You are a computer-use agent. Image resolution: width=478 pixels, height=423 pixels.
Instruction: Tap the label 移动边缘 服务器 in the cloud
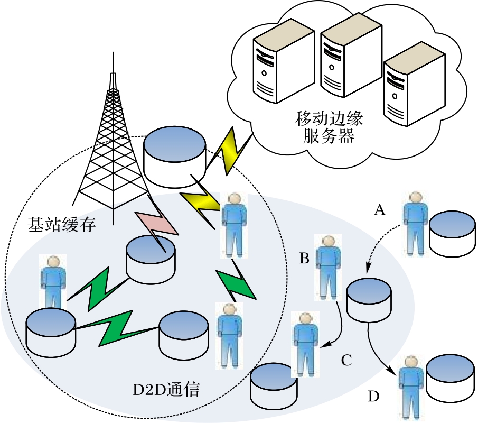coord(329,128)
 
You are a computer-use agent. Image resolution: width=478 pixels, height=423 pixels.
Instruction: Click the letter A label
coord(379,210)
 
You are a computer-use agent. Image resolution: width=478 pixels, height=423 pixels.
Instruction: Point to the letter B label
coord(304,259)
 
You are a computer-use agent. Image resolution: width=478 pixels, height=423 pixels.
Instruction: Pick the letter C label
coord(346,361)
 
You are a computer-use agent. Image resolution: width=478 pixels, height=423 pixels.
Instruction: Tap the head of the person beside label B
coord(328,241)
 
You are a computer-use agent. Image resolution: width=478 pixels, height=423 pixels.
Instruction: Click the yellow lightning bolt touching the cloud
coord(228,151)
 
